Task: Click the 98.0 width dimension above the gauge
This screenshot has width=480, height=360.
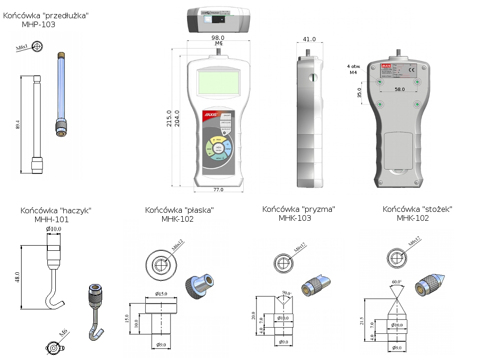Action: [218, 37]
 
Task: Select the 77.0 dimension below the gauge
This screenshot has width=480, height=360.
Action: [218, 189]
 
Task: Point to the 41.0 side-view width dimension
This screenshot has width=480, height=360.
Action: [309, 39]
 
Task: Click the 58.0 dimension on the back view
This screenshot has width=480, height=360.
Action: [399, 89]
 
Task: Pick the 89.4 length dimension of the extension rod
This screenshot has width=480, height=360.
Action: [18, 124]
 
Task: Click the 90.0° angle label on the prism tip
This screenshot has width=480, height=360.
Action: [286, 293]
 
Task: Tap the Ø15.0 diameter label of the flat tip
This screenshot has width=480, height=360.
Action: [161, 294]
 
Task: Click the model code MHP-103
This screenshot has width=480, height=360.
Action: [38, 24]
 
